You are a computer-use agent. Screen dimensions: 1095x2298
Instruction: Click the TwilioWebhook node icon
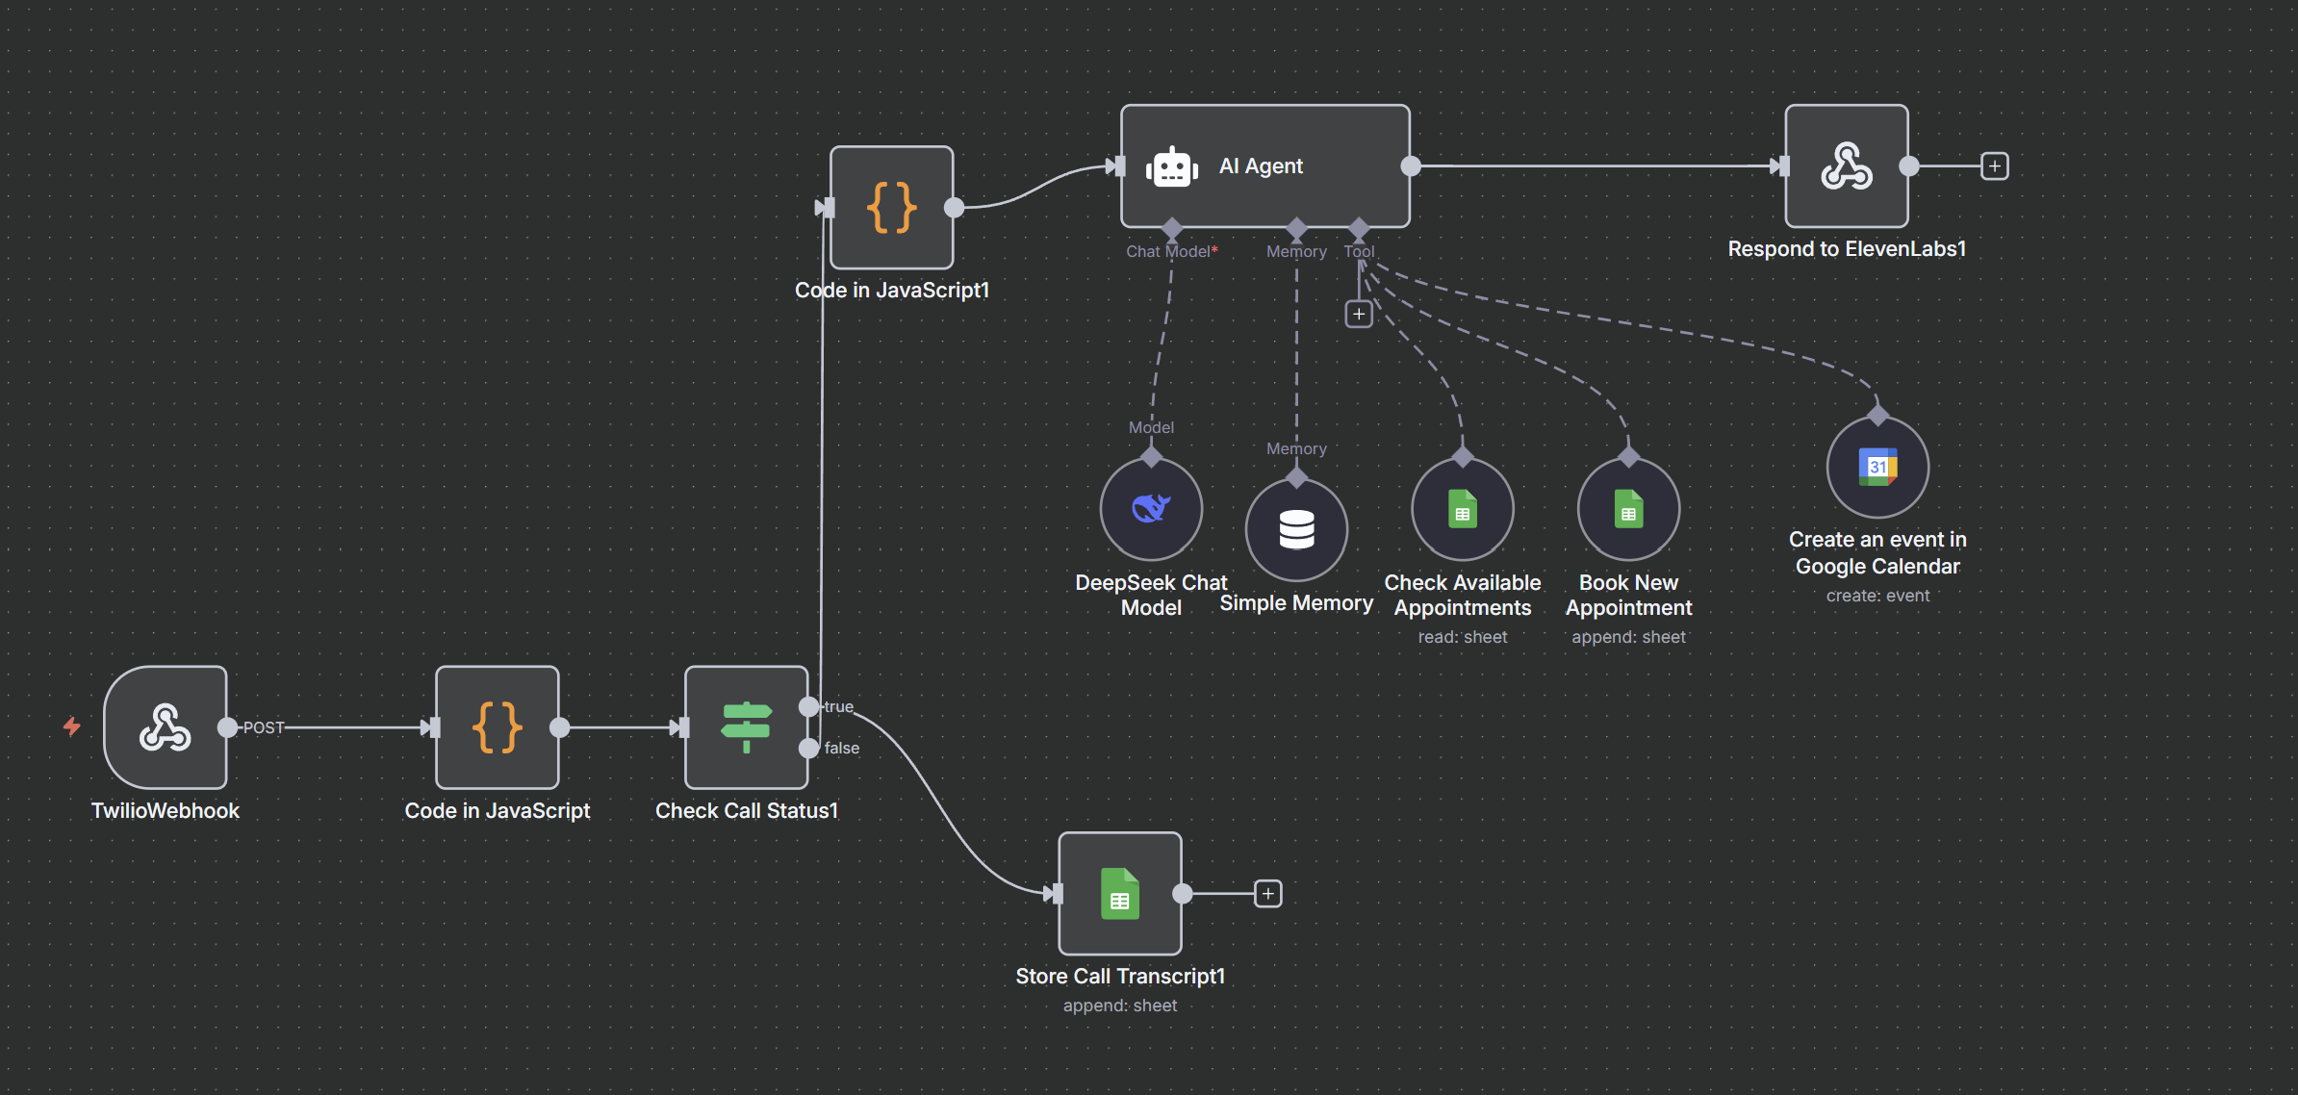tap(166, 727)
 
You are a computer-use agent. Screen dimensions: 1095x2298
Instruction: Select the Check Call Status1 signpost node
tap(746, 727)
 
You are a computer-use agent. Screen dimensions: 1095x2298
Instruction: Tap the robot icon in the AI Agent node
tap(1171, 167)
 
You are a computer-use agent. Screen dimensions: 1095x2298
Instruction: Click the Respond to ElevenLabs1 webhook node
tap(1846, 166)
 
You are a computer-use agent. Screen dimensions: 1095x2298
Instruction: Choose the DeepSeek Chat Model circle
tap(1151, 509)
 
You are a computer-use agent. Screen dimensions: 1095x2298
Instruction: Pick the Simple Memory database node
tap(1296, 530)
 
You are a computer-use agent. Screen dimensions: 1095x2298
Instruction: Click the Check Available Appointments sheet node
tap(1462, 509)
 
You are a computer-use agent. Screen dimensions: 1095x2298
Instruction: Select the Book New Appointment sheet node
tap(1628, 509)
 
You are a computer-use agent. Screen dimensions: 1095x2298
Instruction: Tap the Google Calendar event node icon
tap(1877, 468)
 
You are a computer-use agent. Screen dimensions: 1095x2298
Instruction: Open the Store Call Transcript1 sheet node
tap(1119, 894)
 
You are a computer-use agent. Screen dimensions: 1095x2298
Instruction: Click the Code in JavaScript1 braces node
tap(891, 208)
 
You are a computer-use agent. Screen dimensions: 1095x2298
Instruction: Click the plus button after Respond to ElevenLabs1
tap(1995, 166)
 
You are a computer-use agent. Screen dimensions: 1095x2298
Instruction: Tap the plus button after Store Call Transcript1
tap(1268, 894)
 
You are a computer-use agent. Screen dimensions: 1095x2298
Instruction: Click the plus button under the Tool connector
tap(1359, 314)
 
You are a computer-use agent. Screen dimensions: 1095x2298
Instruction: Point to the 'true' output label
tap(839, 706)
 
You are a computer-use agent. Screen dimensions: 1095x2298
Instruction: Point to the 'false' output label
tap(842, 748)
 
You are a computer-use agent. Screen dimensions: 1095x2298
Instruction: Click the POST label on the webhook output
tap(264, 727)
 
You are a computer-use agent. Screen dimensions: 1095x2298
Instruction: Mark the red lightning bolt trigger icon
tap(72, 726)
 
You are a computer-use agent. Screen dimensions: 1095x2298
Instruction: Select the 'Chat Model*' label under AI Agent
tap(1171, 251)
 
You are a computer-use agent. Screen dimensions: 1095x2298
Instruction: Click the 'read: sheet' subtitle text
tap(1462, 637)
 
